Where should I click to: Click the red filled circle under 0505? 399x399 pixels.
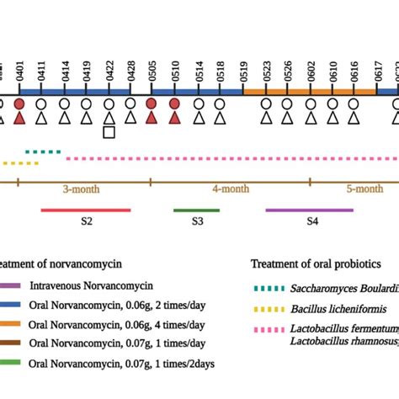click(x=152, y=104)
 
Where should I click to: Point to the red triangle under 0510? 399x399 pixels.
click(x=174, y=119)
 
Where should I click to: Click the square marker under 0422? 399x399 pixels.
click(x=109, y=132)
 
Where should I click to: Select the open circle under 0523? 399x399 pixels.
click(x=266, y=104)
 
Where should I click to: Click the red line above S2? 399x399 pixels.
click(x=86, y=210)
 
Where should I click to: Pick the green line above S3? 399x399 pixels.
click(x=196, y=210)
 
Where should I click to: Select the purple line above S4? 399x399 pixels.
click(x=310, y=210)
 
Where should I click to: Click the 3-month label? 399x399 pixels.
click(x=86, y=190)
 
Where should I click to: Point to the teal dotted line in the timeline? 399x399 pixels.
click(x=43, y=152)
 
